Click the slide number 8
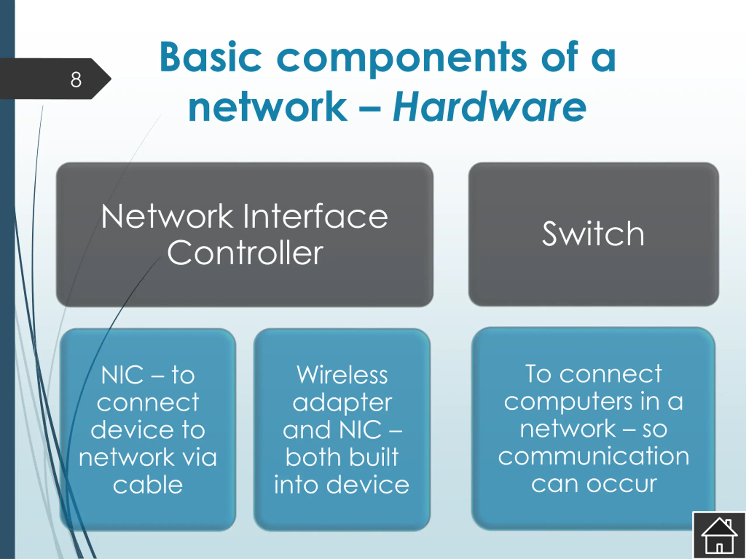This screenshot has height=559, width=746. [76, 80]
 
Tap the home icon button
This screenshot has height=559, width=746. [719, 535]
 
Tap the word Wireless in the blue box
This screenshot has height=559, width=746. [342, 375]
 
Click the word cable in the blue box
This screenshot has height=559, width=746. [148, 485]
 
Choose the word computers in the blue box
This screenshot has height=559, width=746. [568, 402]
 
